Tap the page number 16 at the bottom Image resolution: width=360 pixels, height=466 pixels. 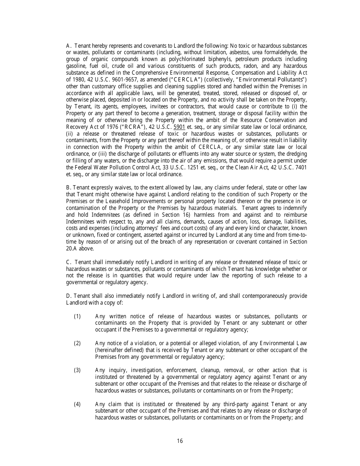(180, 441)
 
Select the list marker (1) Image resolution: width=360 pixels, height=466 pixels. (77, 316)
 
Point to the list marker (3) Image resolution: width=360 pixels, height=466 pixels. (77, 370)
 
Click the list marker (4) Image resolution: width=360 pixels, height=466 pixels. (77, 404)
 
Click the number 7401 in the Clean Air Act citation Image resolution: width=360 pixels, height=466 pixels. (299, 167)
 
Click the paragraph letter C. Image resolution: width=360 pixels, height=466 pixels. (68, 262)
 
